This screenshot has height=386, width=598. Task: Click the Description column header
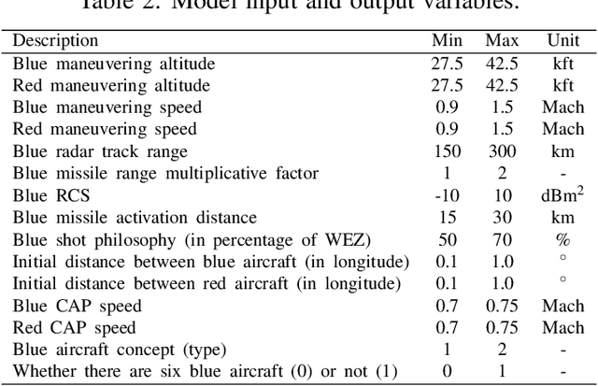point(55,41)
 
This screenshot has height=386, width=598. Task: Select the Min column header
point(446,41)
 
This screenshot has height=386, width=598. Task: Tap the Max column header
point(502,41)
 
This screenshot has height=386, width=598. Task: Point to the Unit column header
point(562,41)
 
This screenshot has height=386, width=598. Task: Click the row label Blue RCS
point(48,196)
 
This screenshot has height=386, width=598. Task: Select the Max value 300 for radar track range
point(502,151)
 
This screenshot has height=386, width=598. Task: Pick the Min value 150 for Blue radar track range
point(448,151)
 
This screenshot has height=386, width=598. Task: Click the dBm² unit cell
point(562,196)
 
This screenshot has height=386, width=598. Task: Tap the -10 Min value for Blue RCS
point(448,196)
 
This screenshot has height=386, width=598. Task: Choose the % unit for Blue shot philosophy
point(562,240)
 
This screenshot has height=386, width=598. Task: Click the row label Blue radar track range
point(100,151)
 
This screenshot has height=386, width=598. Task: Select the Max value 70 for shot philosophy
point(502,240)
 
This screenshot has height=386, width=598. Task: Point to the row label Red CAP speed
point(74,328)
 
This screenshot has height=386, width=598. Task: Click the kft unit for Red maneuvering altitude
point(562,86)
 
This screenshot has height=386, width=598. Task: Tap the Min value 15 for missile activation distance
point(448,218)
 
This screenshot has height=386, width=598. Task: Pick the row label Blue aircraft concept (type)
point(119,350)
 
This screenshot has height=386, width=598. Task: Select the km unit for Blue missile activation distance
point(562,218)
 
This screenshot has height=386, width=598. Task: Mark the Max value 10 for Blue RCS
point(502,196)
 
